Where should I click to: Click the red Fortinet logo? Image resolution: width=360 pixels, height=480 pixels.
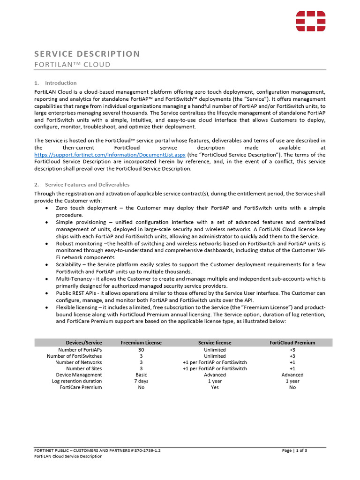tap(310, 21)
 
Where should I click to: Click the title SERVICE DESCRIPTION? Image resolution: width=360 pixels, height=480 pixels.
tap(87, 54)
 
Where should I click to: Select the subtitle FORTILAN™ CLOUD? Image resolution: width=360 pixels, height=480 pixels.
tap(73, 65)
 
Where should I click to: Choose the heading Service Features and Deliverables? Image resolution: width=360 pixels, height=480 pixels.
tap(87, 185)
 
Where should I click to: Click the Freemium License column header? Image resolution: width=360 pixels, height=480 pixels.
tap(141, 343)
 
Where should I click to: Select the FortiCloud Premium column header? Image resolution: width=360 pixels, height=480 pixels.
tap(292, 343)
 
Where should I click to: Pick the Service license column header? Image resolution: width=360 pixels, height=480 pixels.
tap(215, 343)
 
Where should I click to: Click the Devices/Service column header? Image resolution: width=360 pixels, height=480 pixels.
tap(84, 343)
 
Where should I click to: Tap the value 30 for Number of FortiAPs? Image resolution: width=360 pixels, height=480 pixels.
tap(141, 350)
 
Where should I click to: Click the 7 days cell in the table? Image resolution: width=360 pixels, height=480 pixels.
tap(141, 381)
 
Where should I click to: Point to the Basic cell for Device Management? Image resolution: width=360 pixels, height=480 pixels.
tap(141, 375)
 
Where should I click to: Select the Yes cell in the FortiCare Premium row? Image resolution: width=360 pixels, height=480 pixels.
tap(215, 387)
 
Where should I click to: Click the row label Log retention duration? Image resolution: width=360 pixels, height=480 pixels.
tap(77, 381)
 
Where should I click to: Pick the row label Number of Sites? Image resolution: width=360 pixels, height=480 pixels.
tap(84, 368)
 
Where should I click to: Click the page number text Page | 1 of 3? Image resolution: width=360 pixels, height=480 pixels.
tap(294, 450)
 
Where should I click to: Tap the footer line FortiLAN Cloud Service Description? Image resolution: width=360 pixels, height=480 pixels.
tap(68, 457)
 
